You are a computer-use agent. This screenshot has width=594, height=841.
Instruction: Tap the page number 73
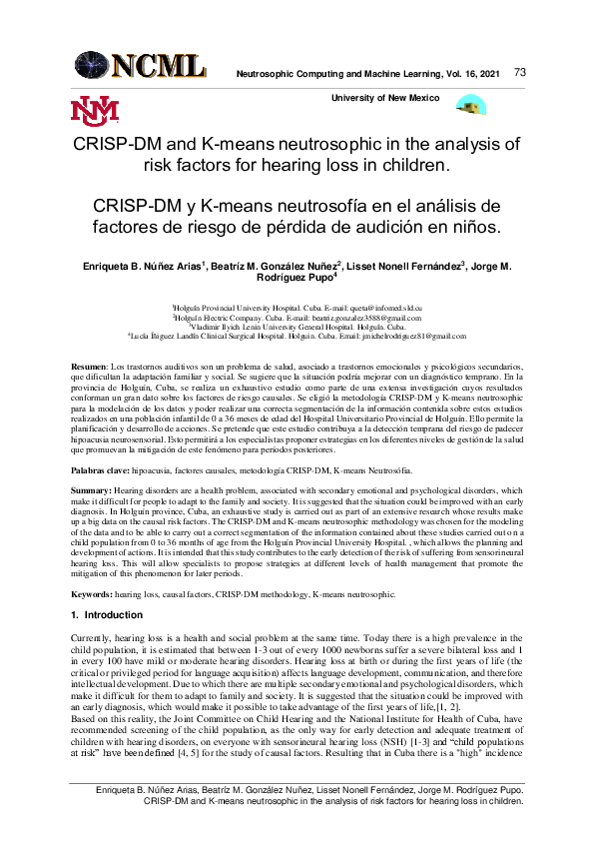[x=520, y=73]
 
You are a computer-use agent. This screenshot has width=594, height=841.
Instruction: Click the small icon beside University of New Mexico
[x=470, y=104]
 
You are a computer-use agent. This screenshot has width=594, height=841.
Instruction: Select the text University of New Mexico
[x=391, y=96]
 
